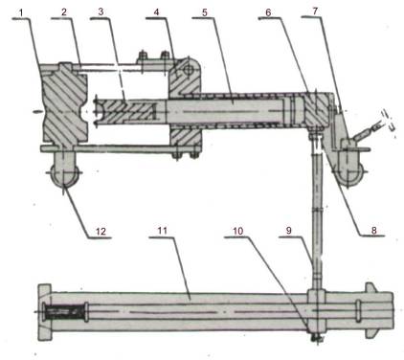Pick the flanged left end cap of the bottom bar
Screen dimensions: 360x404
(39, 310)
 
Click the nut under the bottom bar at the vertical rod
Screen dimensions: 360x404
(315, 335)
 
